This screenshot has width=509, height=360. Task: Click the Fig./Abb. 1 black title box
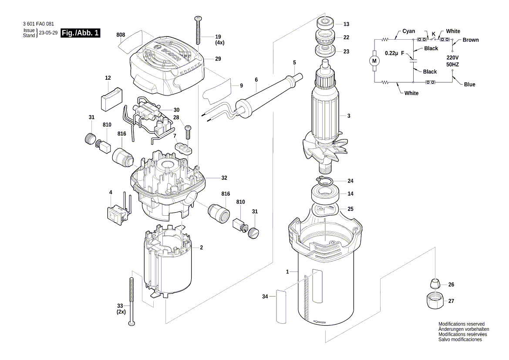point(81,33)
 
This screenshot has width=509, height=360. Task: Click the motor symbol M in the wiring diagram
point(374,61)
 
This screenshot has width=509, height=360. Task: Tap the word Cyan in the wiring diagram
point(408,31)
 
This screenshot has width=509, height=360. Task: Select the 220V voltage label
point(452,58)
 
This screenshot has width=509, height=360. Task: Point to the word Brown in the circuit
point(470,40)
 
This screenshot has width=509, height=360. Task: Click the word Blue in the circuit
point(469,85)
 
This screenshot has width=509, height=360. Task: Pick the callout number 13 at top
point(346,24)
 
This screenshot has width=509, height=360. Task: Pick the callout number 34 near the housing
point(265,297)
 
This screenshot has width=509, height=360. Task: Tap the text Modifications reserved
point(461,324)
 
